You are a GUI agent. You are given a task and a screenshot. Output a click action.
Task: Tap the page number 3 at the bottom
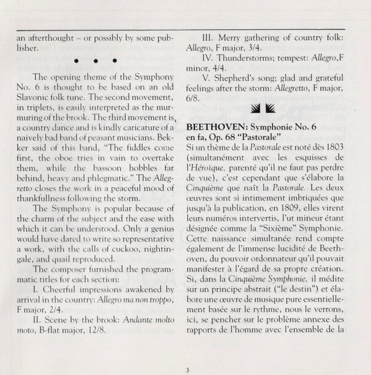tap(185, 369)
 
